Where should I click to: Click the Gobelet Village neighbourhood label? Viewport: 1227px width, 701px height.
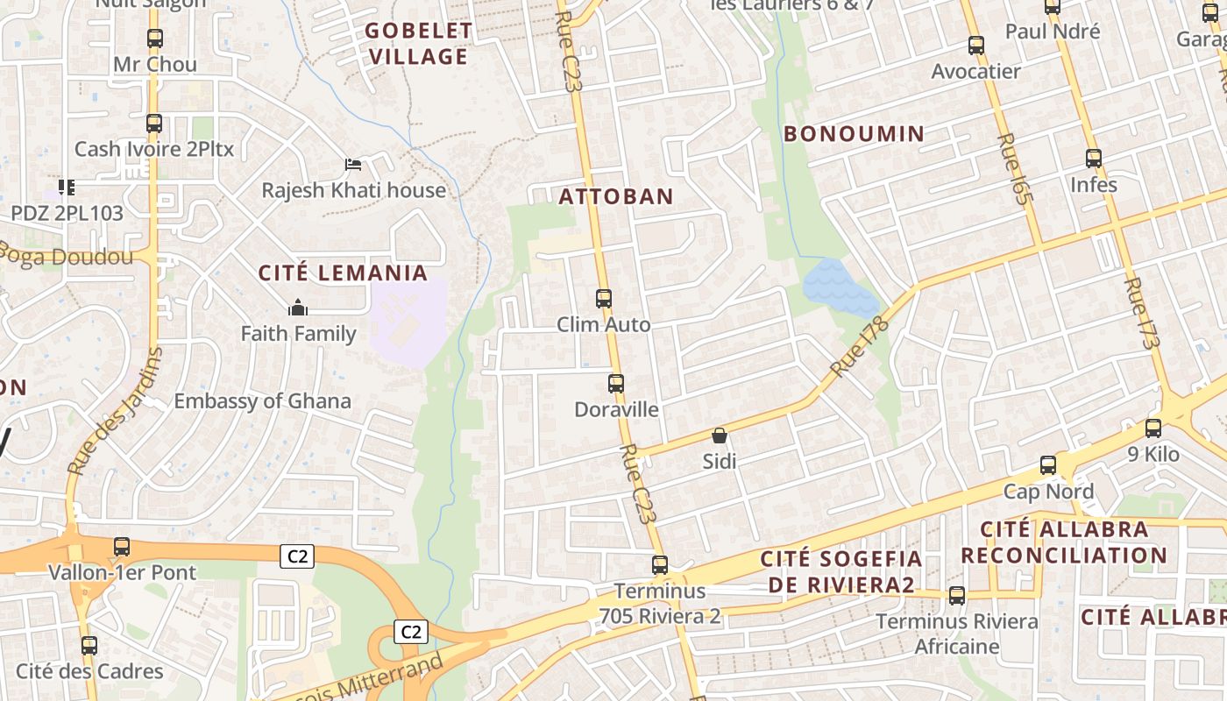point(418,44)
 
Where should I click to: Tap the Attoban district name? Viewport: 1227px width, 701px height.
point(616,196)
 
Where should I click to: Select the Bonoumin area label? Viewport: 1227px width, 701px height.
point(854,134)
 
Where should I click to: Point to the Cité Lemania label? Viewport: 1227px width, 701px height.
point(343,273)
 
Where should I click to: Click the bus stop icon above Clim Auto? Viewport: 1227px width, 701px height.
point(604,299)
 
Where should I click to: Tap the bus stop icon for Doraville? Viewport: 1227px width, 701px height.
point(616,384)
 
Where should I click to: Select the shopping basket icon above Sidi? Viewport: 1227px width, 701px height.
point(720,435)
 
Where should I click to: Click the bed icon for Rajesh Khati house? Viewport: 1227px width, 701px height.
point(353,165)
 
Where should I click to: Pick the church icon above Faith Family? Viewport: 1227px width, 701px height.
point(298,308)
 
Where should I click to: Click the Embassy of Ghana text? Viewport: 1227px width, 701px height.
point(262,401)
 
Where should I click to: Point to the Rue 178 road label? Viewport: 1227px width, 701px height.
point(859,348)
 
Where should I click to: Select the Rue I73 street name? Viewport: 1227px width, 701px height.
point(1142,314)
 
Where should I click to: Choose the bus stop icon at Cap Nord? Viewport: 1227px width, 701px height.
point(1048,465)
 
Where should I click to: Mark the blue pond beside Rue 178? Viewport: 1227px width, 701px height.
point(837,287)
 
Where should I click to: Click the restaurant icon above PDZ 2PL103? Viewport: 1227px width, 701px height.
point(67,187)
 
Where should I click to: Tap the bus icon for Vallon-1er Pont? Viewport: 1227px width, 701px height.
point(122,547)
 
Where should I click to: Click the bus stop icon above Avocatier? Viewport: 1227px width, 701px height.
point(976,46)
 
